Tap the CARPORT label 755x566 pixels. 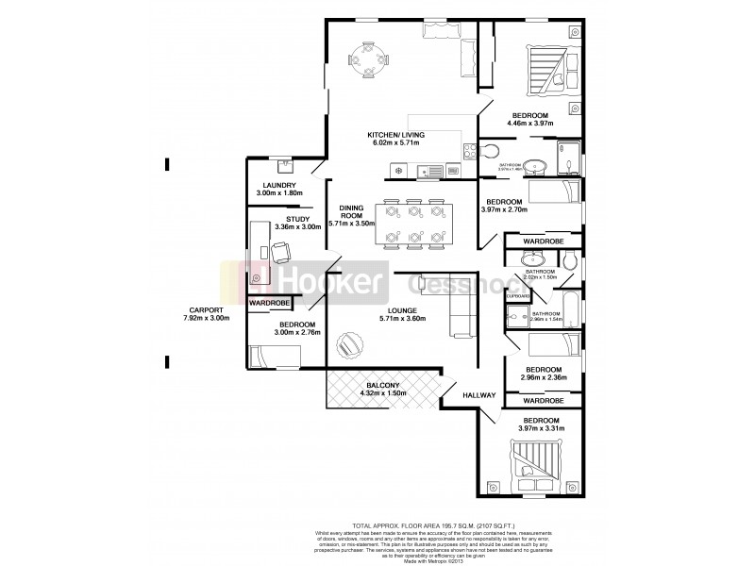(x=204, y=310)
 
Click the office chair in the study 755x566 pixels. (x=281, y=252)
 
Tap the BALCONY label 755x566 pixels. (x=384, y=385)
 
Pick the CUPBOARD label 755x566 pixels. (x=517, y=296)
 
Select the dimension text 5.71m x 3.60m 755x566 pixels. (x=402, y=319)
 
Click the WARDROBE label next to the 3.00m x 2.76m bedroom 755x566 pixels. (x=269, y=303)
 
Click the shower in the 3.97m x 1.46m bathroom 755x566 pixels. (x=569, y=158)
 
